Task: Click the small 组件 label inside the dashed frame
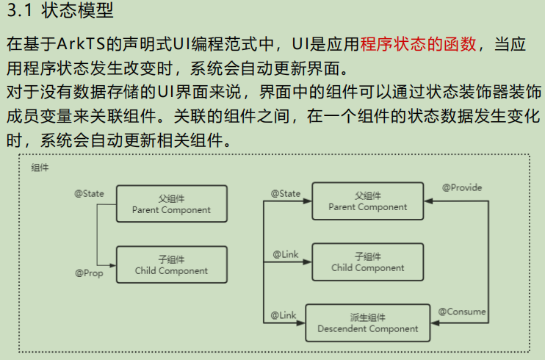pos(40,168)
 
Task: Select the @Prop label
pos(89,273)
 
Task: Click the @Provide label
pos(462,188)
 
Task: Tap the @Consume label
pos(462,312)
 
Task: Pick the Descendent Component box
pos(367,323)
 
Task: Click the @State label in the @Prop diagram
pos(89,194)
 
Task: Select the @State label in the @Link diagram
pos(285,194)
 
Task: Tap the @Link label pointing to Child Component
pos(285,255)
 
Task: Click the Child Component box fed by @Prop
pos(171,265)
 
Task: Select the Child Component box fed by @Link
pos(368,262)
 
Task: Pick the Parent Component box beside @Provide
pos(368,201)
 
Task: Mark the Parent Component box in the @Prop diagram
pos(171,204)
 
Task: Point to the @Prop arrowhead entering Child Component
pos(112,265)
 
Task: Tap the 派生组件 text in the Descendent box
pos(367,317)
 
